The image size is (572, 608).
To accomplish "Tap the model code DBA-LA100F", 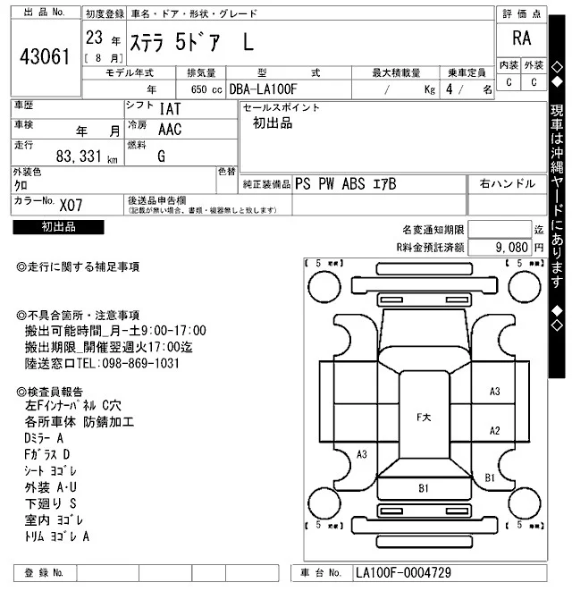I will [x=265, y=89].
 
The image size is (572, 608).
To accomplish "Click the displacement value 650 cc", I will [x=206, y=89].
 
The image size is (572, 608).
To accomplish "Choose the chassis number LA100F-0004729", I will [x=402, y=572].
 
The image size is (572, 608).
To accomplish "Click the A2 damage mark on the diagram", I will [x=494, y=430].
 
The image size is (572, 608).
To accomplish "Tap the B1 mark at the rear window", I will [x=424, y=488].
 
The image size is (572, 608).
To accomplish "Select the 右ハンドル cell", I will [x=507, y=183].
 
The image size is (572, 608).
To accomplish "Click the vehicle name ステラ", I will [x=155, y=40].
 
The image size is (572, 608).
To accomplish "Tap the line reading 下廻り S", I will [x=51, y=503].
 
